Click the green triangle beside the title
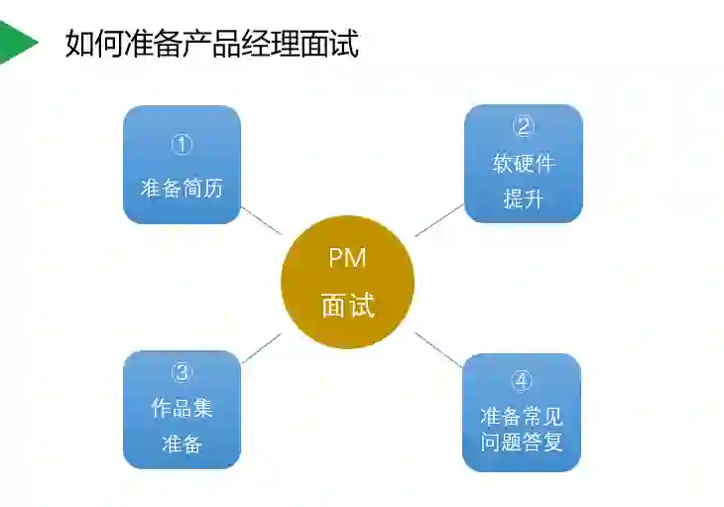coord(16,42)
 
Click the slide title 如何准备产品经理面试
coord(211,44)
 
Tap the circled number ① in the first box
coord(181,145)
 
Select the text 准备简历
coord(181,188)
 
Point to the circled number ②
coord(523,126)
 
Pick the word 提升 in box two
coord(523,198)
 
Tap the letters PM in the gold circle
coord(347,259)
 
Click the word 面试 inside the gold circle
coord(347,306)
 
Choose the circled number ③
coord(181,372)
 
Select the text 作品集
coord(181,408)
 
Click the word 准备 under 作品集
coord(181,444)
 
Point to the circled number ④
coord(522,381)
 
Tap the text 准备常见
coord(522,416)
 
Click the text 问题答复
coord(522,442)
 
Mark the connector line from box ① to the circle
coord(262,221)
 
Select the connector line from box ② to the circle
coord(438,220)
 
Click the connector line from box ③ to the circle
coord(262,347)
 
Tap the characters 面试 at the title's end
coord(336,44)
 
